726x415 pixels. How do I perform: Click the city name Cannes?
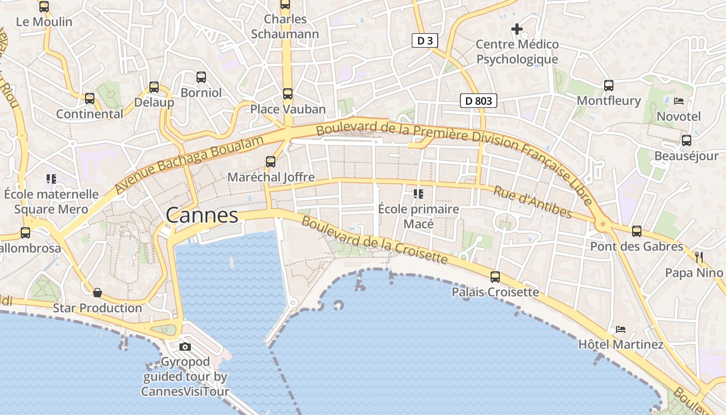(202, 216)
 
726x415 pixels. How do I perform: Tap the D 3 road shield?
(425, 40)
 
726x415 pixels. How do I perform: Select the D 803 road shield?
(478, 101)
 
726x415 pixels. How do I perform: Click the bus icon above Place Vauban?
(288, 94)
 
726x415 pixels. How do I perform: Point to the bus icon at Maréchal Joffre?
(271, 161)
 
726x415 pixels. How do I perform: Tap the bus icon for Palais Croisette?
(495, 277)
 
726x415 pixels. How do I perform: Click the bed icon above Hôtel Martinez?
(620, 329)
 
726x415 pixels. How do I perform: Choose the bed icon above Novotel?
(679, 101)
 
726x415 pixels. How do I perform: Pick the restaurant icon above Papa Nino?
(699, 257)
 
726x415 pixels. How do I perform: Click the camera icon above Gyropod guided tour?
(185, 347)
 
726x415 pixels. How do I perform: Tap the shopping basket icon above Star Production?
(97, 293)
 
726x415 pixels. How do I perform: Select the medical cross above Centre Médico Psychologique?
(517, 29)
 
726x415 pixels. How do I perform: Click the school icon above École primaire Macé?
(418, 194)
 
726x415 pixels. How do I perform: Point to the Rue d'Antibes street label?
(533, 202)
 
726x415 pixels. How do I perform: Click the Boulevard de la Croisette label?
(374, 240)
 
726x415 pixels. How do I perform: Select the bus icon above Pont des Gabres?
(637, 231)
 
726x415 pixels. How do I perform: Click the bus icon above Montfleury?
(609, 85)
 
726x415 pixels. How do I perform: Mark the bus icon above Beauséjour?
(687, 140)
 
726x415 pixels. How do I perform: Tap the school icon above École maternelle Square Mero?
(51, 179)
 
